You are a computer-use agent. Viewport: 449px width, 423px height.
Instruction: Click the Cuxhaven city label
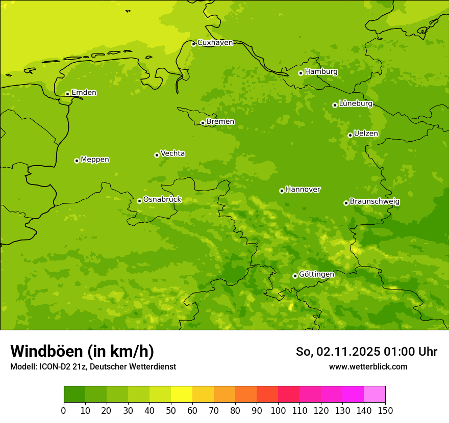point(215,43)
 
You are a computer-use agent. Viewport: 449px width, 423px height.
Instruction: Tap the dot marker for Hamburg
point(301,73)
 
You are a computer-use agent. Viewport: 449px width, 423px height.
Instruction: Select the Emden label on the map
point(84,93)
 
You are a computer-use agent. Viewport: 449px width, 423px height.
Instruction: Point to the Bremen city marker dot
point(203,123)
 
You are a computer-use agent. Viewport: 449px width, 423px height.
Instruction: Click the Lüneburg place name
point(356,104)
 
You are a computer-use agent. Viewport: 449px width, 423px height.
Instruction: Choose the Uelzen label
point(366,134)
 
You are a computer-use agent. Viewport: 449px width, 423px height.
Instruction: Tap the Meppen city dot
point(77,161)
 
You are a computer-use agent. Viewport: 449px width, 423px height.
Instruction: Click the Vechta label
point(172,153)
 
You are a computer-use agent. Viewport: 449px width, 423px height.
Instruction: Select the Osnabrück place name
point(162,200)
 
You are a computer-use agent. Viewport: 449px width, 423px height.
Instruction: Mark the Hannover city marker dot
point(282,191)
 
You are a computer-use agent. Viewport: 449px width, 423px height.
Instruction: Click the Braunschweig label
point(375,202)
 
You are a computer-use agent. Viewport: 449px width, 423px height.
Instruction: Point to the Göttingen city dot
point(295,276)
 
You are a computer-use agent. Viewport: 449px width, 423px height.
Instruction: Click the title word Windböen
point(46,352)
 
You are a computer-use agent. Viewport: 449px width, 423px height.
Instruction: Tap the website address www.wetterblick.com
point(368,367)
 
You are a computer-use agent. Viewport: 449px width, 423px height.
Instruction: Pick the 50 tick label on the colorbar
point(171,410)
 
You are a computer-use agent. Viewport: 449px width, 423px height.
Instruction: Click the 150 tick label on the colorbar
point(385,410)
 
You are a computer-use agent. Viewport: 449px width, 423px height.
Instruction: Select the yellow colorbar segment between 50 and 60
point(182,394)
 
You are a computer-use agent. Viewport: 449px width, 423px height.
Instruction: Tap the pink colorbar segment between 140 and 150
point(375,394)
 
